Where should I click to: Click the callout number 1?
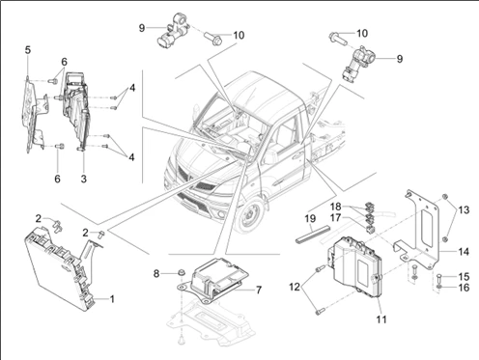click(112, 299)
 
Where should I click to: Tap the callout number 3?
click(84, 179)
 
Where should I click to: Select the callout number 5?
click(28, 50)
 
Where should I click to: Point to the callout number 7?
click(259, 291)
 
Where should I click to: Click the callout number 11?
click(381, 319)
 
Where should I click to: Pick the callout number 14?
click(464, 252)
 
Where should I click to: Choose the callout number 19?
click(310, 219)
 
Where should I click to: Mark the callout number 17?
click(335, 218)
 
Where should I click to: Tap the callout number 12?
click(295, 287)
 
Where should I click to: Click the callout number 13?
click(464, 210)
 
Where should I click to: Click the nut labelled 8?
click(182, 273)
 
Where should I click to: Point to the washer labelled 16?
click(439, 287)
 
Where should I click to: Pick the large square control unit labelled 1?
click(60, 268)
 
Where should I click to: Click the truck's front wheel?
click(251, 214)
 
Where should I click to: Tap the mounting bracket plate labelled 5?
click(35, 114)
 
